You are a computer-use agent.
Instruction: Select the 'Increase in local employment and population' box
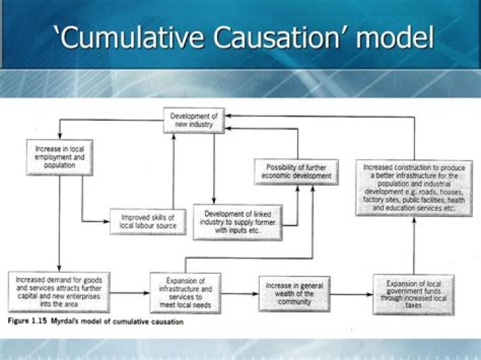coord(59,156)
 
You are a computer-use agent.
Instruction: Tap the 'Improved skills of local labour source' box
coord(148,222)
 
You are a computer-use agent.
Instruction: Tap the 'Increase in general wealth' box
coord(294,293)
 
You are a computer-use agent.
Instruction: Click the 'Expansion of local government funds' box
coord(408,293)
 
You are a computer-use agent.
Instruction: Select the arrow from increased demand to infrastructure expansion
coord(130,293)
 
